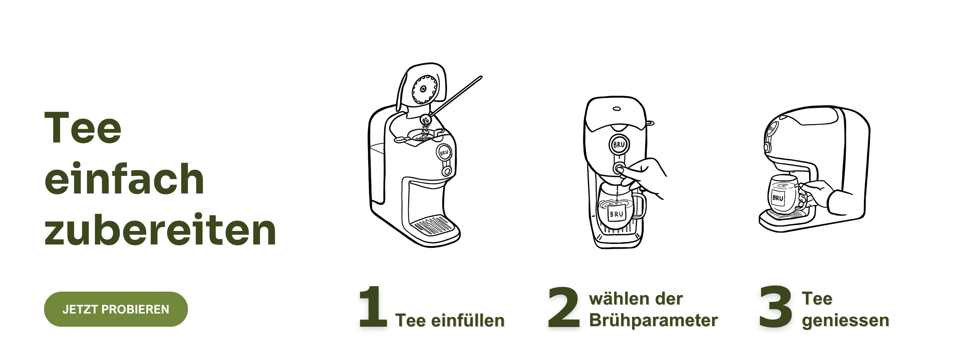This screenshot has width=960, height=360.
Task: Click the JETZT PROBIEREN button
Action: (x=116, y=309)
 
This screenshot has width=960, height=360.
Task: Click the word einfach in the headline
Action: (x=124, y=179)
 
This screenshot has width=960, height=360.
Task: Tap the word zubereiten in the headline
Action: (x=160, y=229)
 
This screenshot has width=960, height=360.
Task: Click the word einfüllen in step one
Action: (x=468, y=320)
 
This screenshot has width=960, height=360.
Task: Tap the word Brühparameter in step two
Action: (x=653, y=320)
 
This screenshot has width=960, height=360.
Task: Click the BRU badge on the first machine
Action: (x=444, y=152)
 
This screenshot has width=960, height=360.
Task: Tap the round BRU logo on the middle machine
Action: (x=619, y=145)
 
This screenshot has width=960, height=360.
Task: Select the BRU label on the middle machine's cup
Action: (x=616, y=214)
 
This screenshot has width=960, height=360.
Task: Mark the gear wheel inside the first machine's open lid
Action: (x=424, y=89)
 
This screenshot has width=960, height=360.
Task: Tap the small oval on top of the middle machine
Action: (x=617, y=109)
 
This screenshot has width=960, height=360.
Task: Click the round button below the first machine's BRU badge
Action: (x=446, y=171)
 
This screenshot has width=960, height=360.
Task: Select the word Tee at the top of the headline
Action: (x=83, y=127)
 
